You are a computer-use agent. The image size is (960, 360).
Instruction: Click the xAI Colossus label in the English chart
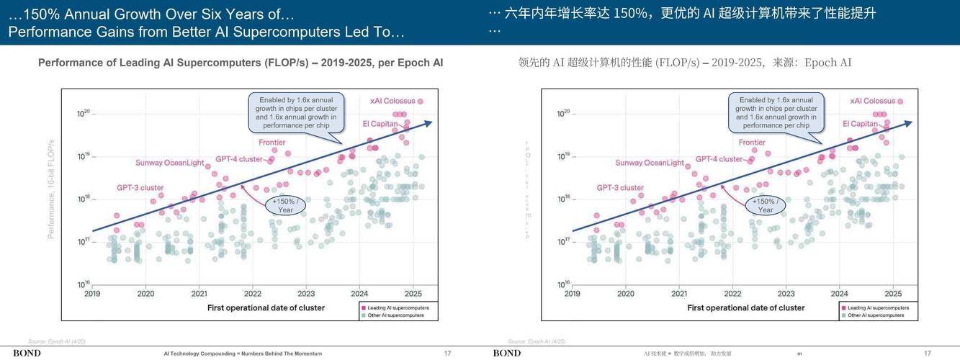coord(392,101)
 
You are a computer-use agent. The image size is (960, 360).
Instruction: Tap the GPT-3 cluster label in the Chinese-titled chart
coord(620,188)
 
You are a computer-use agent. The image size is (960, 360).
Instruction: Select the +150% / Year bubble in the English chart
coord(286,205)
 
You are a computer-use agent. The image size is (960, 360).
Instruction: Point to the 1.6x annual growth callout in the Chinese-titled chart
coord(776,112)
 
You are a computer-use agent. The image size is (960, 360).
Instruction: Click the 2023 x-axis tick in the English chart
coord(306,294)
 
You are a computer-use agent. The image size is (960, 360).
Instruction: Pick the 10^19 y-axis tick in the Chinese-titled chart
coord(564,156)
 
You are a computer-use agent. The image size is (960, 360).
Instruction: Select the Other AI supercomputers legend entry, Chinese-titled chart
coord(876,315)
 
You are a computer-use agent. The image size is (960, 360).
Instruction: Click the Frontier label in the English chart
coord(272,143)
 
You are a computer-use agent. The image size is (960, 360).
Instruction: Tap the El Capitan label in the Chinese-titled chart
coord(860,124)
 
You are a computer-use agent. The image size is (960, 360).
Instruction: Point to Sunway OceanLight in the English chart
coord(169,163)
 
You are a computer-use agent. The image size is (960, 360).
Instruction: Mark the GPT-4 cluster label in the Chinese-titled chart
coord(719,159)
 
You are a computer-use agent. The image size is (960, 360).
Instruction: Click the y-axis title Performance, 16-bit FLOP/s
coord(51,189)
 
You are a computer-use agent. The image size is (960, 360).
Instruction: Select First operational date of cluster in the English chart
coord(266,308)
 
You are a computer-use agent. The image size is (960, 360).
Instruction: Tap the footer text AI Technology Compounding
coord(243,354)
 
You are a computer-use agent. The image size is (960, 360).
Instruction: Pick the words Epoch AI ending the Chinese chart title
coord(827,63)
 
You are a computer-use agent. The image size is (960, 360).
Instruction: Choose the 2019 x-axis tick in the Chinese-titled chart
coord(573,294)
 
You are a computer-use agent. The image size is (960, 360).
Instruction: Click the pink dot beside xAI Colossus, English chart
coord(420,102)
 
